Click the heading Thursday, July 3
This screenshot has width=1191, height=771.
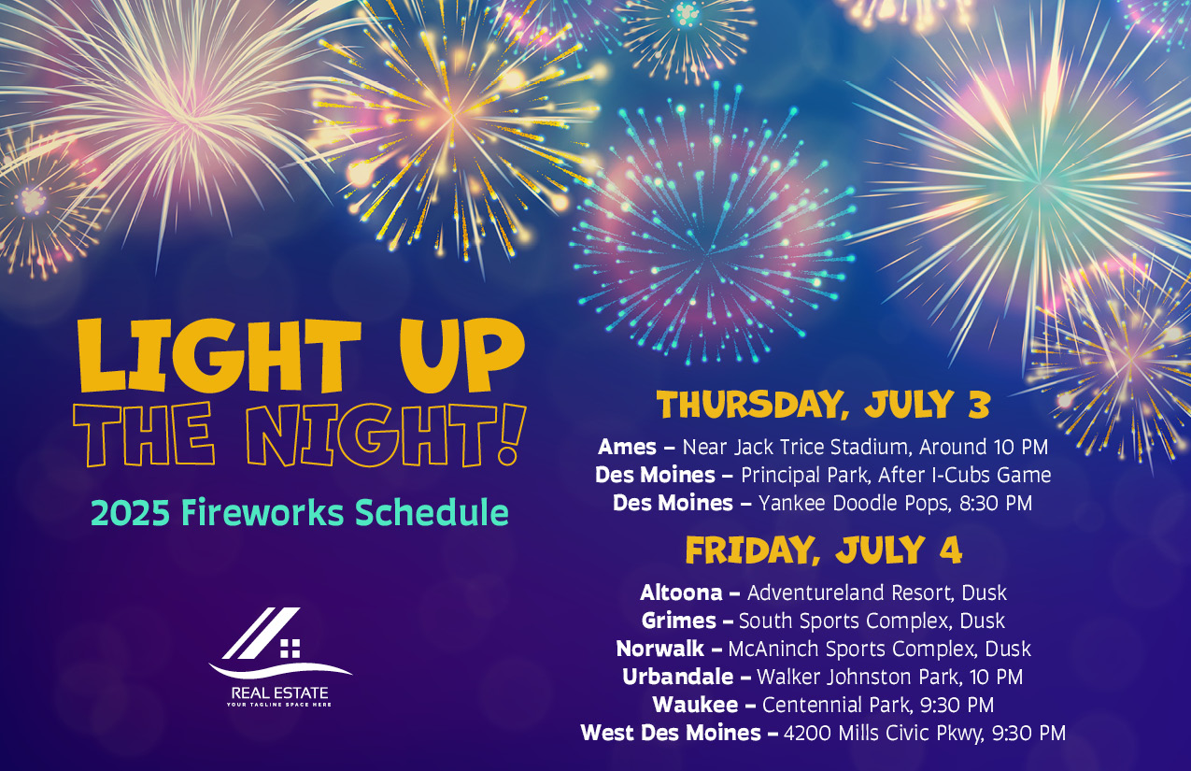(824, 405)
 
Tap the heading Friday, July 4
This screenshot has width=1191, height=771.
(824, 550)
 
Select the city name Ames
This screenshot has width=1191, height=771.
(627, 447)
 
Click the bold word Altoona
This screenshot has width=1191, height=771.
(681, 593)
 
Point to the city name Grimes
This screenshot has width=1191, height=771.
(679, 621)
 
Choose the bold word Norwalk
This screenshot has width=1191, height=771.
(659, 650)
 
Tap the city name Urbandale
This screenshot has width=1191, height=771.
(678, 677)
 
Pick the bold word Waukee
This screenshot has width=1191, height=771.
(696, 705)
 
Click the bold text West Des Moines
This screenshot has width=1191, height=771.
(671, 734)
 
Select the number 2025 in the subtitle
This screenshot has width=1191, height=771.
(130, 513)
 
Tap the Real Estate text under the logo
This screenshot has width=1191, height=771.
(279, 692)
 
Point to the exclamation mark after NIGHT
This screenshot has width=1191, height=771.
(511, 435)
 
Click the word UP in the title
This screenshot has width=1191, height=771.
(462, 355)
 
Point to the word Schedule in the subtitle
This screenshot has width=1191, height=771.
(432, 513)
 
